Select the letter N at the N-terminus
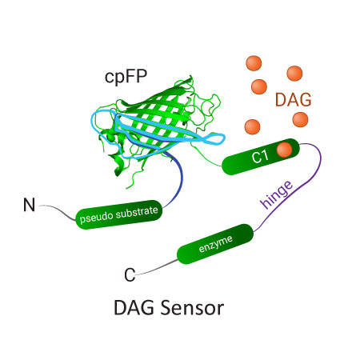click(29, 206)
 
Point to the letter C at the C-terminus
click(129, 276)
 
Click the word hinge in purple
click(276, 194)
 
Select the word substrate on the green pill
click(141, 210)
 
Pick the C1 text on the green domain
click(260, 158)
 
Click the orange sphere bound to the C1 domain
click(283, 150)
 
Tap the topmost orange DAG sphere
click(254, 62)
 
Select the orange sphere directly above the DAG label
click(294, 74)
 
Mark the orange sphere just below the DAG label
click(300, 120)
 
